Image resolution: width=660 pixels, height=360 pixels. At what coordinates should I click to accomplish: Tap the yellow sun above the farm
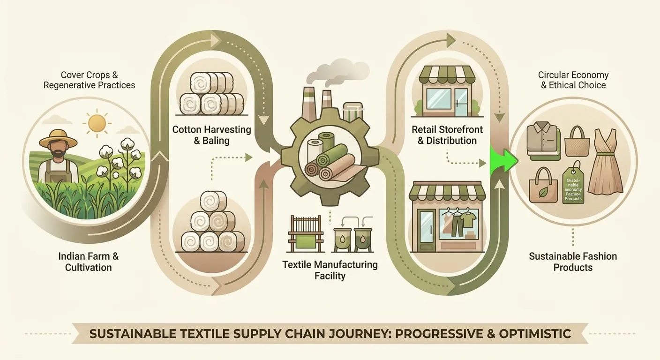(x=97, y=122)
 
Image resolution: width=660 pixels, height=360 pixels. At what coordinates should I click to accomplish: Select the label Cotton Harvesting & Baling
(x=212, y=135)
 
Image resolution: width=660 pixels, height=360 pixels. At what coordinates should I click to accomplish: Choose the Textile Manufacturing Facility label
(x=330, y=270)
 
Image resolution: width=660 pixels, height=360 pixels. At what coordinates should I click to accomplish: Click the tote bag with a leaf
(x=543, y=187)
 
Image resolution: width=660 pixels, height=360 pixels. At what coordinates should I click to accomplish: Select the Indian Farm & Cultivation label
(x=88, y=262)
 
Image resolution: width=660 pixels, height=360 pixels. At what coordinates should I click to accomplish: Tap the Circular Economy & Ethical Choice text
(x=573, y=80)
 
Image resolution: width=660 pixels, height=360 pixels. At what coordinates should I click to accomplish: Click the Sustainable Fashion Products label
(x=573, y=262)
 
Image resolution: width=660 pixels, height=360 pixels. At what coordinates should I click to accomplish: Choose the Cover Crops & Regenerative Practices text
(x=89, y=80)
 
